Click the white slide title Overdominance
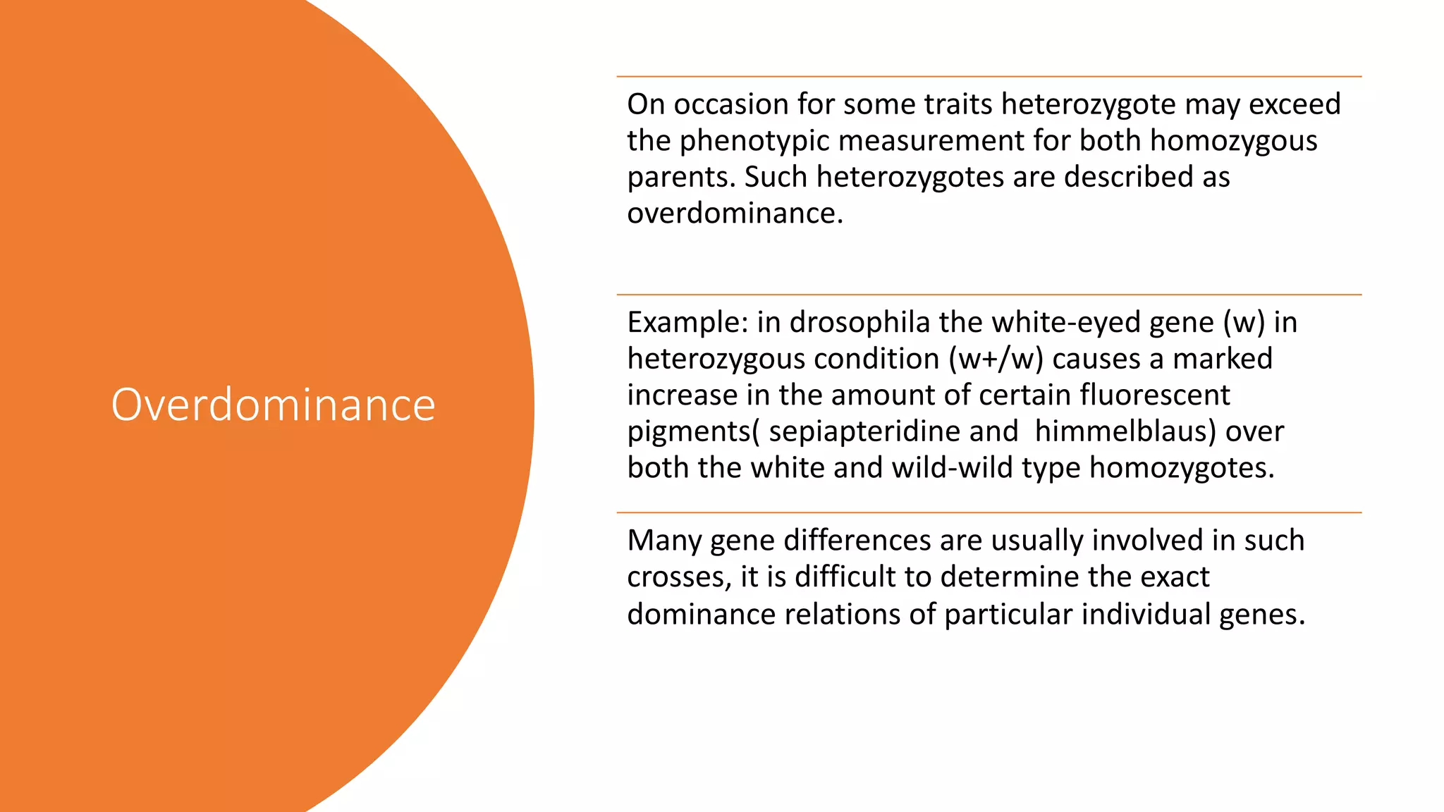click(x=273, y=405)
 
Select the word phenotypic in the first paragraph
click(x=754, y=140)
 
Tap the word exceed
click(x=1295, y=104)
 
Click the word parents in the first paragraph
click(x=680, y=178)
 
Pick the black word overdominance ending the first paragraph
click(x=734, y=213)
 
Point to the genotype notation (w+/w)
click(x=996, y=359)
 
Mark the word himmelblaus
click(x=1125, y=431)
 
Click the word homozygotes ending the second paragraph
click(x=1182, y=468)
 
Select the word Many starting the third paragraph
click(x=664, y=541)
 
